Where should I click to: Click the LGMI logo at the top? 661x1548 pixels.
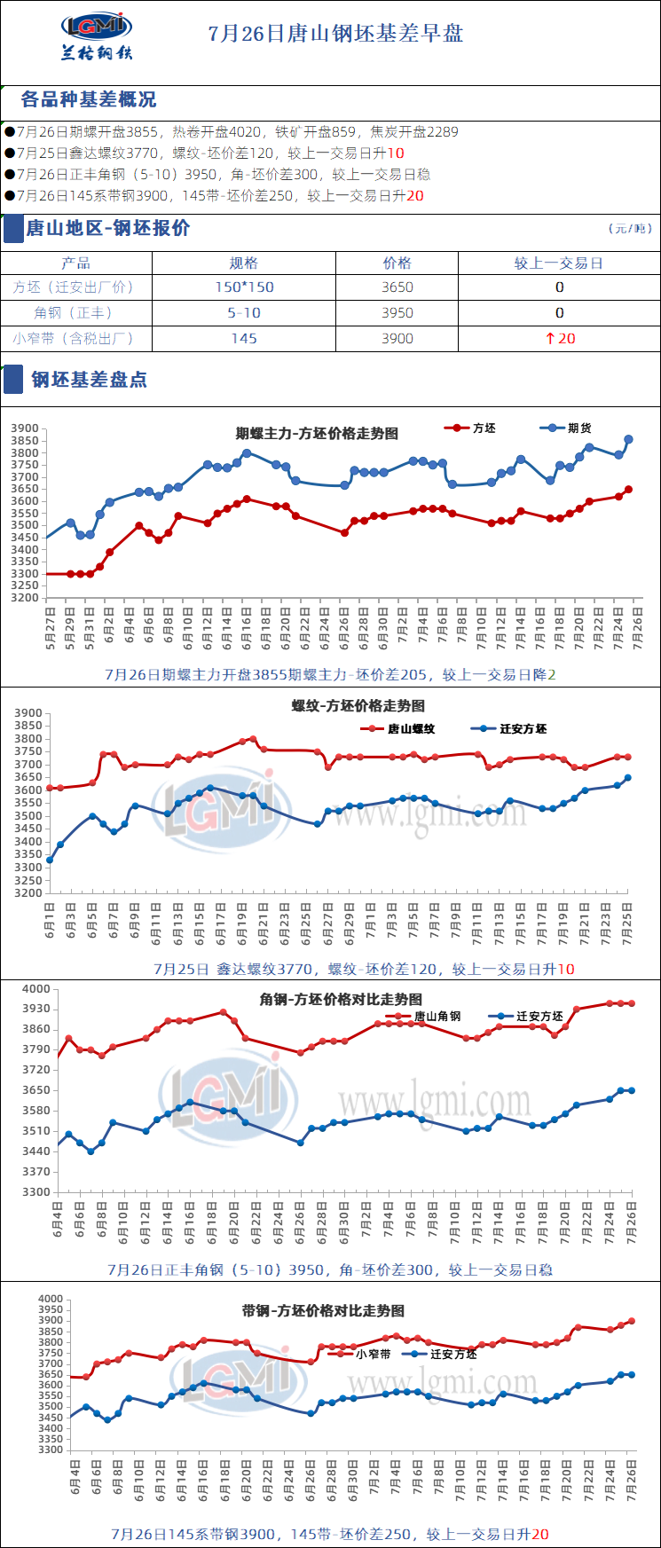coord(97,35)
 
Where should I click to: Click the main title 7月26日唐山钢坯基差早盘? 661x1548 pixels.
coord(335,35)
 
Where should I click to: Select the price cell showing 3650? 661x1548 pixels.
coord(397,287)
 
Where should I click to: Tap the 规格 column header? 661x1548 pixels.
coord(243,263)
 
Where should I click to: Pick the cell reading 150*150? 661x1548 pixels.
coord(244,287)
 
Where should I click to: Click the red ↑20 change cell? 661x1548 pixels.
coord(559,339)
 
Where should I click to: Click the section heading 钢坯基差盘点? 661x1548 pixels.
coord(89,380)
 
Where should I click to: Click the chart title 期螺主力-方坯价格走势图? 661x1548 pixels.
coord(317,434)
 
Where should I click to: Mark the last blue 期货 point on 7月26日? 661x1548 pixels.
coord(628,439)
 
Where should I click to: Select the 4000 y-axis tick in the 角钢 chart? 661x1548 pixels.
coord(36,989)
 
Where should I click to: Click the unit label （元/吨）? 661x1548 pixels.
coord(630,229)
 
